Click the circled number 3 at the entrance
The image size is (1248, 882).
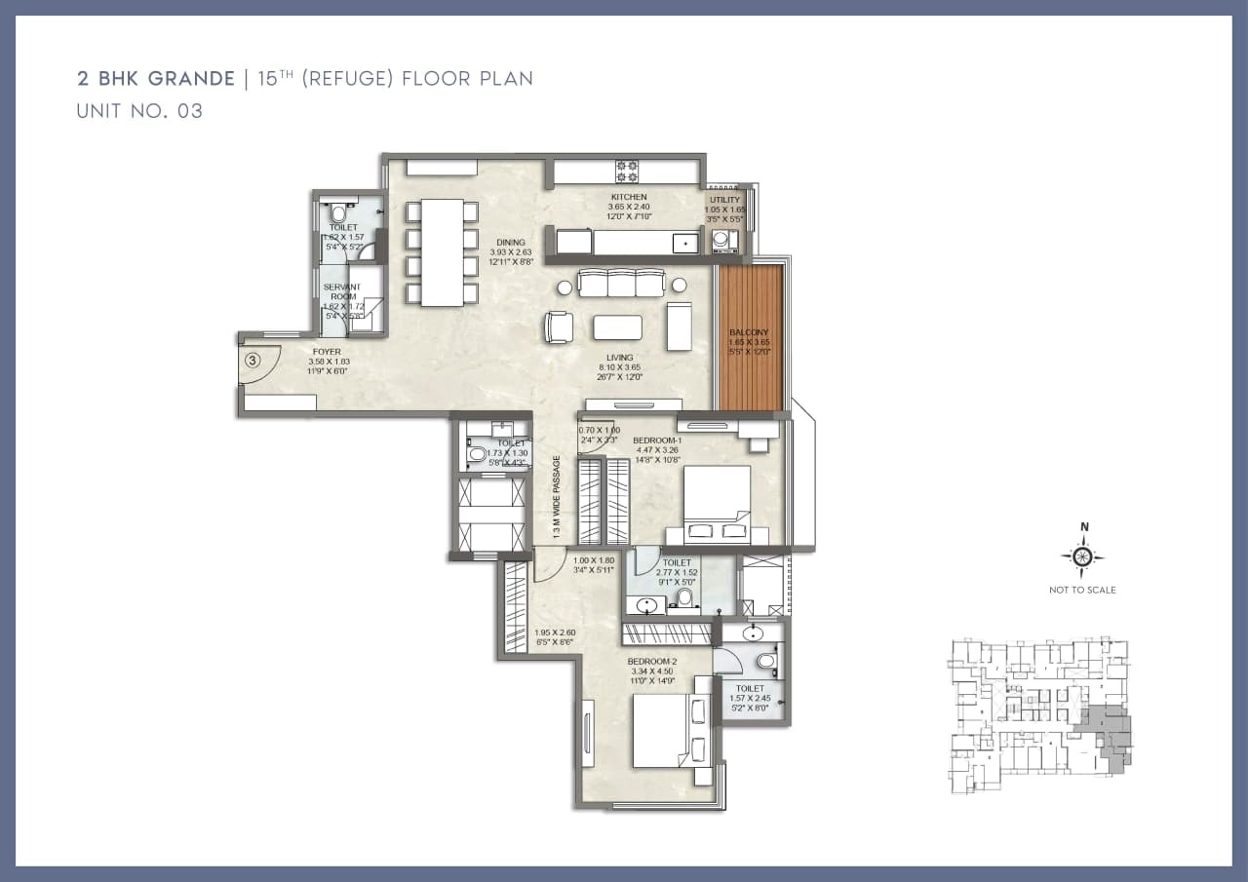[253, 360]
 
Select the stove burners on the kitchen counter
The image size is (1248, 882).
[626, 172]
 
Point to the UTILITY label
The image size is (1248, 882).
[724, 200]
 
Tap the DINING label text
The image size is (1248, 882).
[510, 243]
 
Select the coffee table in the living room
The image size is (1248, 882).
[617, 327]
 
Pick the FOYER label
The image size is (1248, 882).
[327, 352]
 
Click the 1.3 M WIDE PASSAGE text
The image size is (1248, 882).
[556, 498]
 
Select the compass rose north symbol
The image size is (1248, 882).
[1083, 556]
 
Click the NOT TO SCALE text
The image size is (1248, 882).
[1082, 590]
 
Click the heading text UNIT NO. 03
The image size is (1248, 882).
[139, 111]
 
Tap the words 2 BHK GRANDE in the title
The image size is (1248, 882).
[156, 79]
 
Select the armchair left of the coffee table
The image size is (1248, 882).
[560, 326]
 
